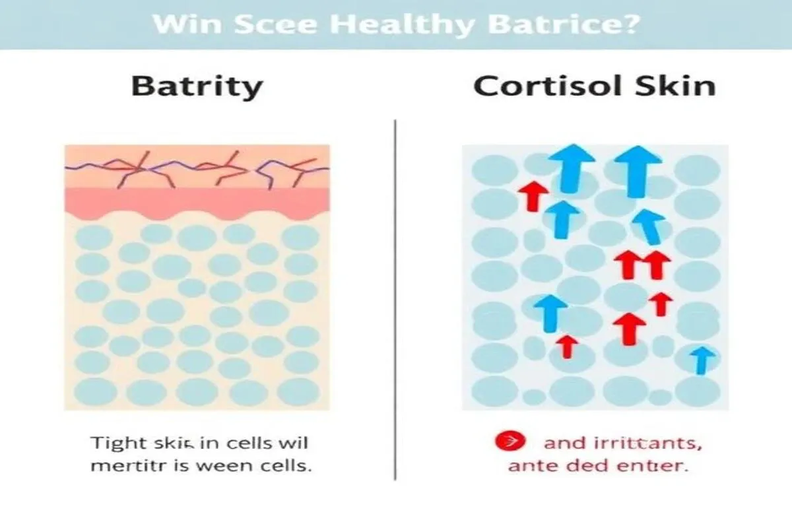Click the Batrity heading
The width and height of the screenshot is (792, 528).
pos(197,86)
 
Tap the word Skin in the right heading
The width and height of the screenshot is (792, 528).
pos(679,86)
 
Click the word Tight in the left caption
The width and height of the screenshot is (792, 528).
pos(113,442)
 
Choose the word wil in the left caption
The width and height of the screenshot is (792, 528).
pos(295,442)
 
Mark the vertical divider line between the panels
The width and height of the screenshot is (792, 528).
pos(395,297)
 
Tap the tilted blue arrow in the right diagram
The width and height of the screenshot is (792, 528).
pos(649,224)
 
